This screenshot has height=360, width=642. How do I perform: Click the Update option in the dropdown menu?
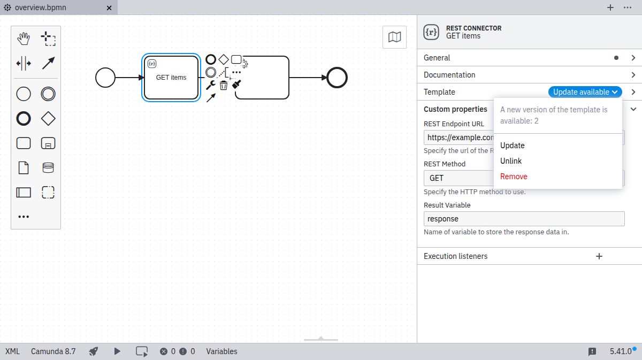[x=512, y=145]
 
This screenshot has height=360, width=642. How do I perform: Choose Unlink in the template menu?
[x=511, y=161]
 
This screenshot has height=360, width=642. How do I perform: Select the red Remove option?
[x=514, y=177]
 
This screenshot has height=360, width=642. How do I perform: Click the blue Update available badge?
[x=585, y=92]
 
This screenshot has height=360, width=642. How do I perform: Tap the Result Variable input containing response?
[x=524, y=219]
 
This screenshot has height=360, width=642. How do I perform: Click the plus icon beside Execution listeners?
[x=599, y=256]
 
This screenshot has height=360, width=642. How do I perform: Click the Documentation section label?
[x=449, y=75]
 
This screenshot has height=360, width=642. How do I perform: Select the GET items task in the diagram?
[x=171, y=78]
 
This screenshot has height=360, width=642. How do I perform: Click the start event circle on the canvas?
[x=105, y=78]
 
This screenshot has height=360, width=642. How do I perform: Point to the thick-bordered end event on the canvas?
[x=337, y=78]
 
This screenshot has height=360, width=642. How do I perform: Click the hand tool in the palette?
[x=24, y=39]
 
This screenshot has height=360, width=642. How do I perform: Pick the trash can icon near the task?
[x=224, y=85]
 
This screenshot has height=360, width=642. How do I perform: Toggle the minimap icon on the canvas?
[x=394, y=37]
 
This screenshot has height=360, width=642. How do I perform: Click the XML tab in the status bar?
[x=12, y=351]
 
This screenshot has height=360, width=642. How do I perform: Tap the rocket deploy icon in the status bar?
[x=94, y=351]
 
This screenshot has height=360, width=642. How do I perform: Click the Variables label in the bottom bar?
[x=221, y=351]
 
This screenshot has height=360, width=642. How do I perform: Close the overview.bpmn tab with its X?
[x=109, y=8]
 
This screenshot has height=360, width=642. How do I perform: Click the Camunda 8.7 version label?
[x=53, y=351]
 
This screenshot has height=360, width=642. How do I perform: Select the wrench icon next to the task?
[x=210, y=85]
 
